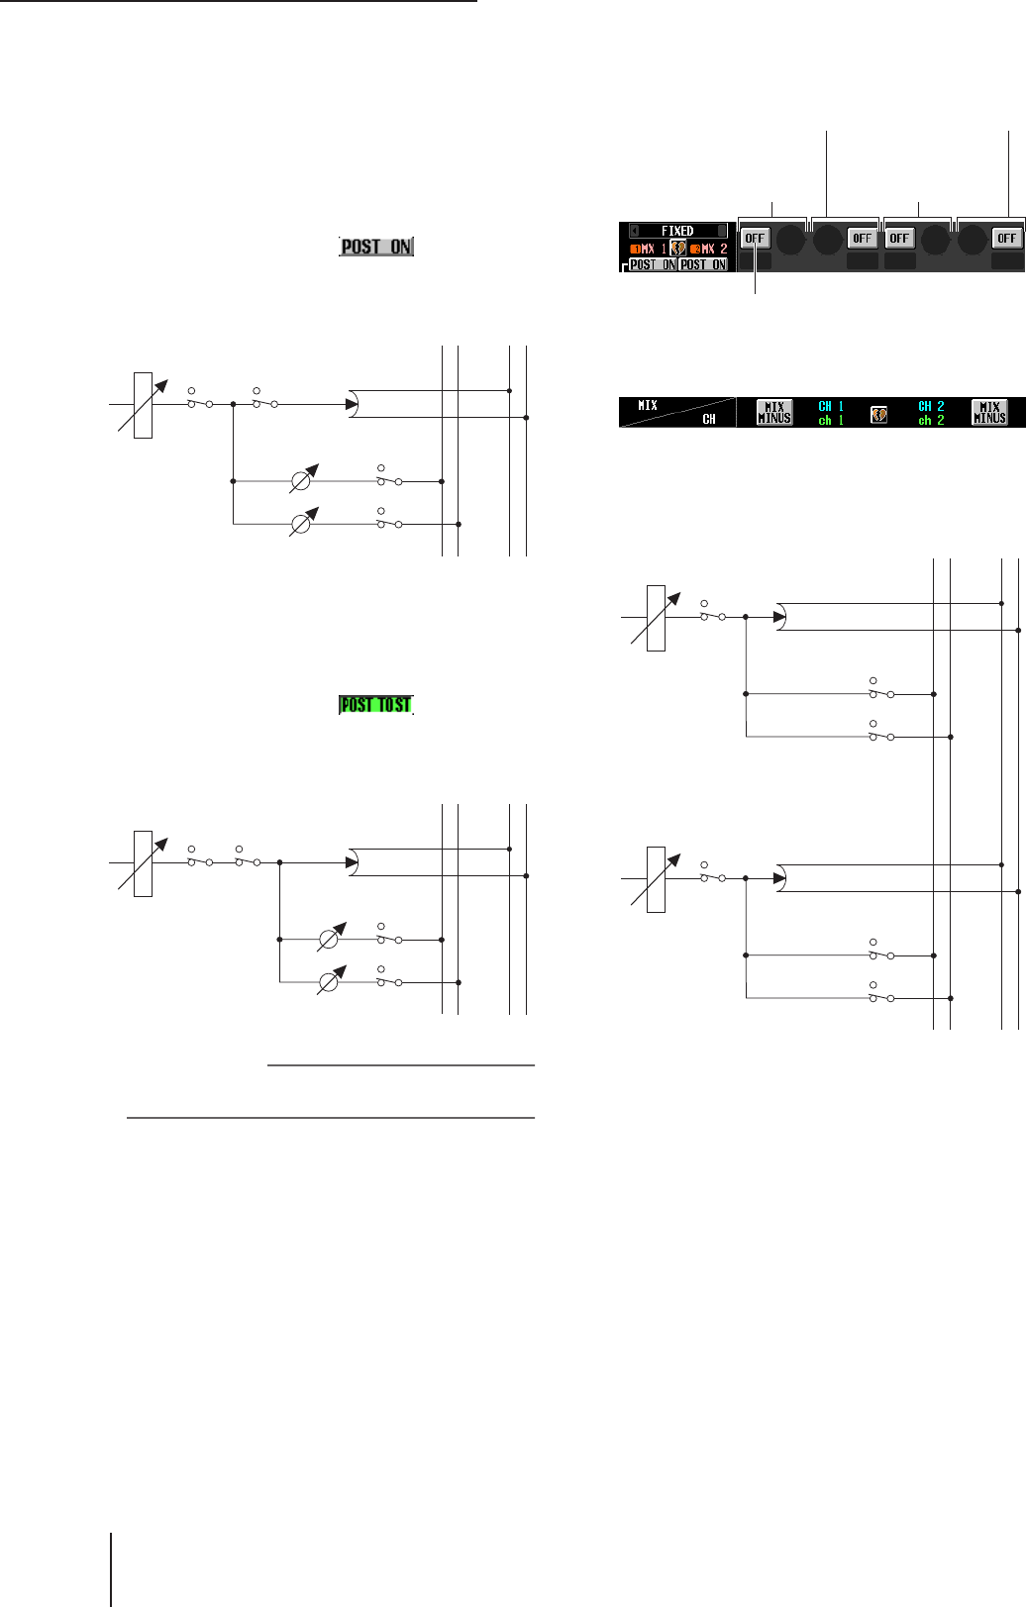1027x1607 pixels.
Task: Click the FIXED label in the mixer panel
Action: coord(677,231)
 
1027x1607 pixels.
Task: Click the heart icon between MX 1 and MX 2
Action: coord(678,249)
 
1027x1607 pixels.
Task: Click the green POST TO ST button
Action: coord(376,705)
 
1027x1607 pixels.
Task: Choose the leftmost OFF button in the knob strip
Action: coord(755,238)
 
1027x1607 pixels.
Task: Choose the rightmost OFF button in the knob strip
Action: coord(1007,238)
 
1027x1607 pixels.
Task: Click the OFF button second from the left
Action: coord(863,238)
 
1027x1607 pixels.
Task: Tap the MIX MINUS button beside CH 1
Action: coord(773,413)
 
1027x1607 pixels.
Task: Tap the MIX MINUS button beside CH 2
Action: coord(989,413)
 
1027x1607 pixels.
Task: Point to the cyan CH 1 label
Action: coord(831,406)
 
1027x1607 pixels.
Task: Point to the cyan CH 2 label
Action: coord(931,406)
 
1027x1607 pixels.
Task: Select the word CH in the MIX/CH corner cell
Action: coord(709,420)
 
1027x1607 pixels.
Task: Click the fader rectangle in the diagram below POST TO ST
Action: coord(143,863)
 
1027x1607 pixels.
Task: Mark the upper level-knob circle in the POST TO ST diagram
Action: coord(329,939)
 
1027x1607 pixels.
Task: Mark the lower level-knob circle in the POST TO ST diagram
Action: coord(329,981)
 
